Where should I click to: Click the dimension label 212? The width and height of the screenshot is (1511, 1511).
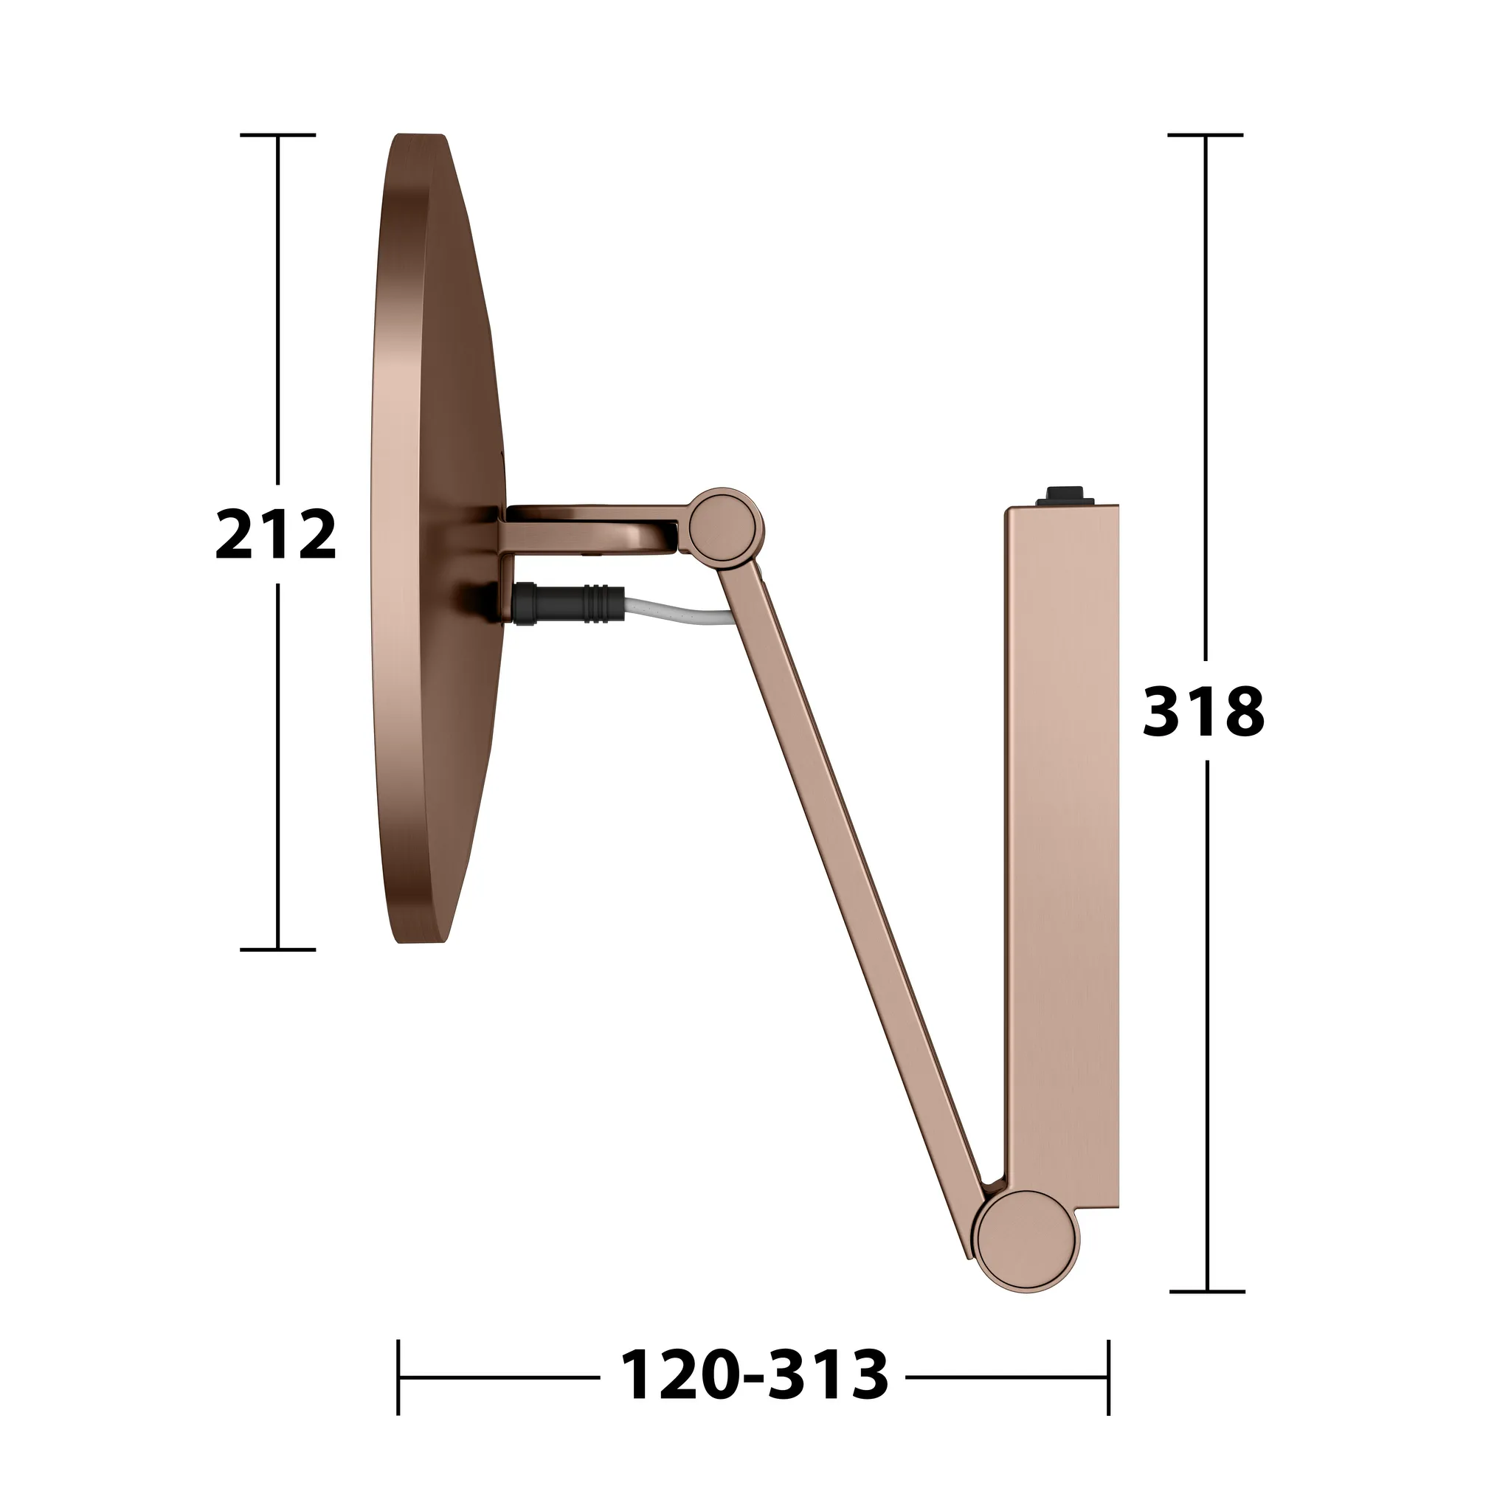pyautogui.click(x=275, y=534)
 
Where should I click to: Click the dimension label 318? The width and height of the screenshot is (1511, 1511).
pyautogui.click(x=1203, y=711)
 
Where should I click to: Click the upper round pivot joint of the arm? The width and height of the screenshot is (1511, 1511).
pyautogui.click(x=727, y=525)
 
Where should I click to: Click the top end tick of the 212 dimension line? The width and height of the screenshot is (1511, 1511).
pyautogui.click(x=277, y=135)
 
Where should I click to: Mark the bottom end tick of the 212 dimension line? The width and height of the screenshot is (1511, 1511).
pyautogui.click(x=277, y=950)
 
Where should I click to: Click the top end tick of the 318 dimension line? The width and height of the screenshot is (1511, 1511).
pyautogui.click(x=1206, y=135)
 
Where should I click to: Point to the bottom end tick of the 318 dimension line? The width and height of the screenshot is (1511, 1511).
pyautogui.click(x=1207, y=1292)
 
